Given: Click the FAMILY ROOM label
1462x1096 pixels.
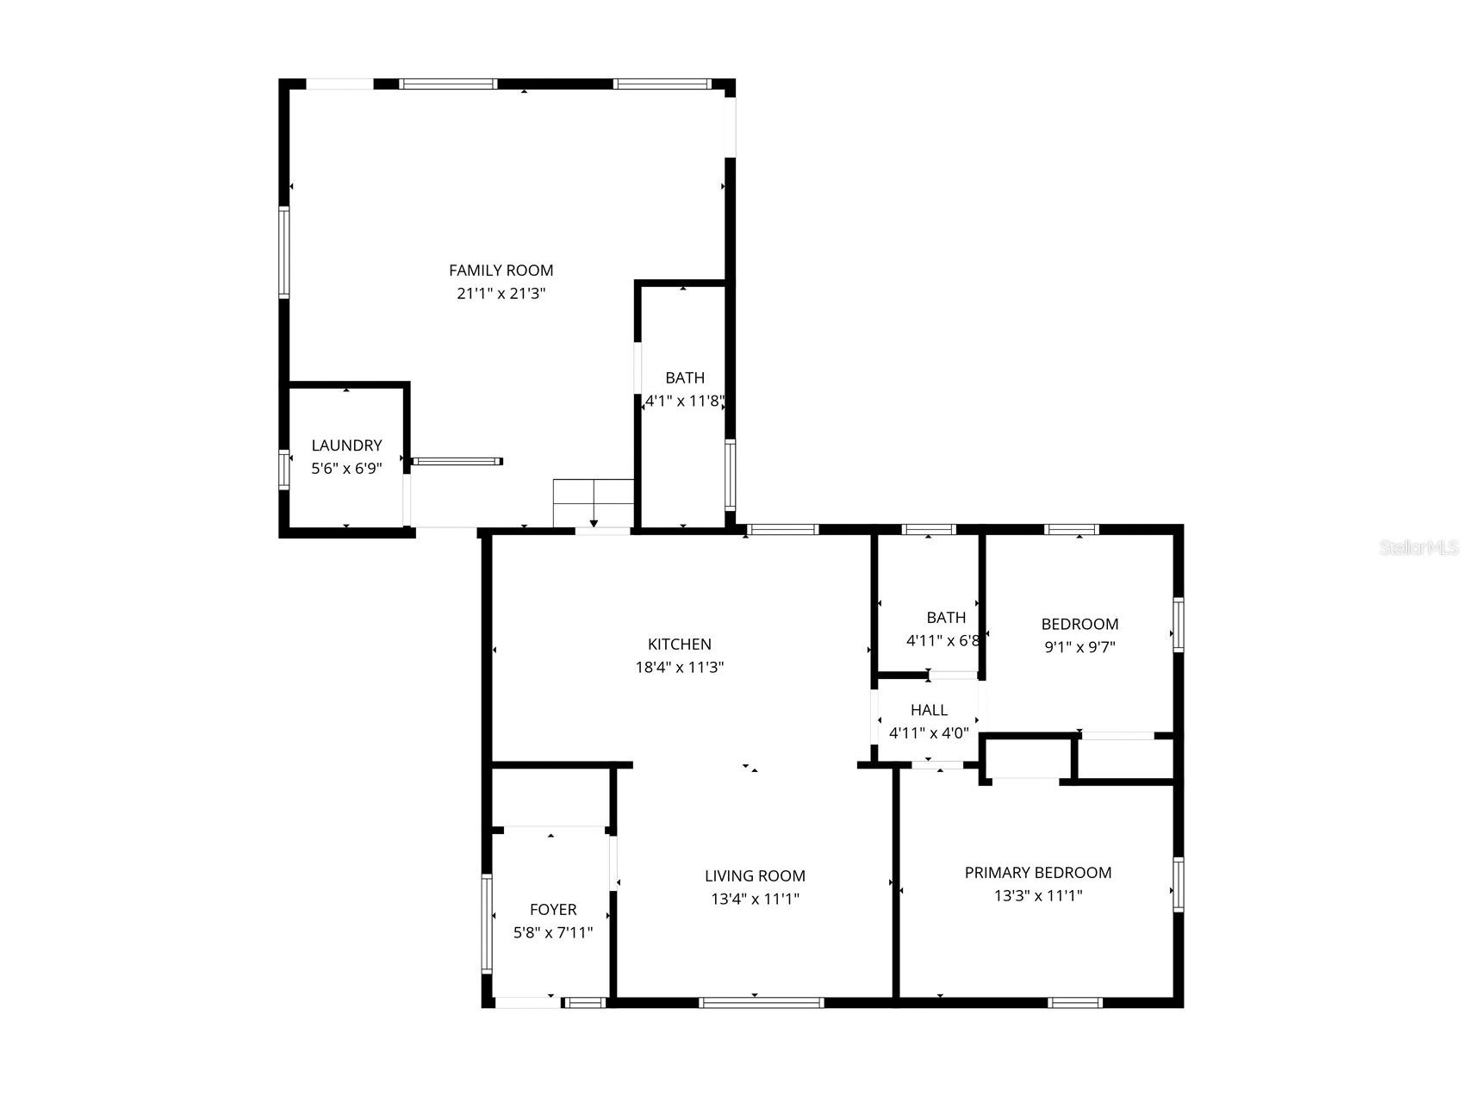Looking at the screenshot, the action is (501, 271).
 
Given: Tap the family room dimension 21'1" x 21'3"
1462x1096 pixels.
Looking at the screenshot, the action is (501, 293).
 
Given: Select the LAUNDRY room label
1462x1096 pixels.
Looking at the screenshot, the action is (346, 445).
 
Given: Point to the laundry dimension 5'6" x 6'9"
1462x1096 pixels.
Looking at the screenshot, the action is (346, 468).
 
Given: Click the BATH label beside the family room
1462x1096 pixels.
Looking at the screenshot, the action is (685, 377).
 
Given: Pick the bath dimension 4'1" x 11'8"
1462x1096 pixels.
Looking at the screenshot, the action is (685, 401).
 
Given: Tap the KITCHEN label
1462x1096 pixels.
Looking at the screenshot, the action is (680, 644).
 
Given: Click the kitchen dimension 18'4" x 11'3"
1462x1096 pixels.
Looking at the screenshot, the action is (680, 667).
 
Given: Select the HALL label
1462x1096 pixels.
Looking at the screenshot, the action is (929, 710).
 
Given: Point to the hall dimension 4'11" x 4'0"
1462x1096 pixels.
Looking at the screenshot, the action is (929, 733).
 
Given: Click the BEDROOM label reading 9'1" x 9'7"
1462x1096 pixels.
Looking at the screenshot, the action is (1079, 624).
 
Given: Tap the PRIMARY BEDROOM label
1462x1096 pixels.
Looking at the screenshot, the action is (1038, 873).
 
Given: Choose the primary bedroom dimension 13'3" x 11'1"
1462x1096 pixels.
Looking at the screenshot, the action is (1038, 895).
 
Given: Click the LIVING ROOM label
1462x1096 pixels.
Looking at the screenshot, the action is (755, 876).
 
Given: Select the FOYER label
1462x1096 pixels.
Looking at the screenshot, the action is (553, 910).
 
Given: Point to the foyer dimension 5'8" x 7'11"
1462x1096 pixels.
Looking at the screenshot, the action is (553, 932).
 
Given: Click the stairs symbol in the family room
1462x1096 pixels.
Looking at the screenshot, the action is (594, 502).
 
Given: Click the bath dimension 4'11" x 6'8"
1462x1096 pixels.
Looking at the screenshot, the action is (943, 641).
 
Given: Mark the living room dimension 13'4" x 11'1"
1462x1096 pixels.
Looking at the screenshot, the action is (755, 899).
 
